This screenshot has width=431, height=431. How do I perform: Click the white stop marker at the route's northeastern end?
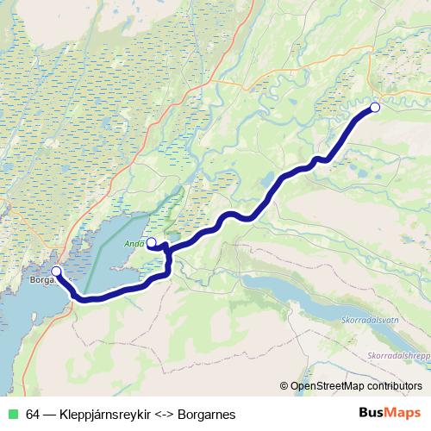click(x=375, y=107)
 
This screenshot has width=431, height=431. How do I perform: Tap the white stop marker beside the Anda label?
click(x=152, y=242)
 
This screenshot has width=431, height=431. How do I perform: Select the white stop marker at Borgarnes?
click(x=56, y=272)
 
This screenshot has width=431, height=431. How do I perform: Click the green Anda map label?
click(x=134, y=242)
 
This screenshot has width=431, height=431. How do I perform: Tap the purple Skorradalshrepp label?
click(x=397, y=353)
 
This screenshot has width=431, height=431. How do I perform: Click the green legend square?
click(x=12, y=415)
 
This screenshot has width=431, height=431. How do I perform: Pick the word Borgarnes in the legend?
click(x=207, y=415)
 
